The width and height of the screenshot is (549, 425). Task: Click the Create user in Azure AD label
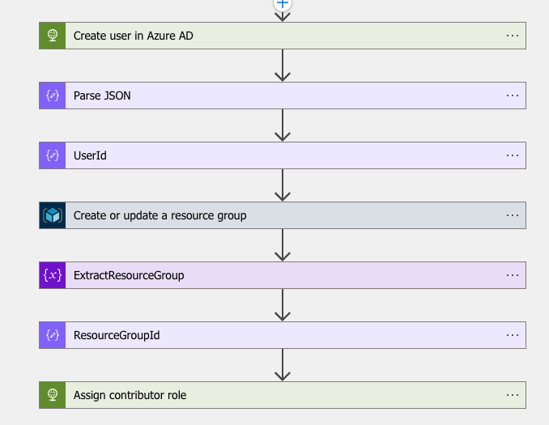pos(133,36)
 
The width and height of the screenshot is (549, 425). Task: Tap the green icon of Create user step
pos(53,36)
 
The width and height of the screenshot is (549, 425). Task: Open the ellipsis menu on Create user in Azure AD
pos(512,36)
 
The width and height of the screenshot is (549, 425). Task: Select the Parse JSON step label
pos(102,96)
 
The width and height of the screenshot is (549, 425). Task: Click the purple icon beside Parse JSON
pos(53,96)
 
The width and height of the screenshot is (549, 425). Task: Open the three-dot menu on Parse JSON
pos(512,96)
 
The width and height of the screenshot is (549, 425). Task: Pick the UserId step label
pos(90,155)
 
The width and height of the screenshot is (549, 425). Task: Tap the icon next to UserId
pos(53,155)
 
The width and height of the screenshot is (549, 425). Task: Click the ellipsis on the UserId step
pos(512,155)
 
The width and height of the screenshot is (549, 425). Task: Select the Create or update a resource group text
pos(160,215)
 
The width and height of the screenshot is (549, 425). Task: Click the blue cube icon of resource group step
pos(53,215)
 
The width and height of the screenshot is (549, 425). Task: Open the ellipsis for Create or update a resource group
pos(512,215)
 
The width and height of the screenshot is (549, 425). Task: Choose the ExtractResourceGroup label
pos(129,275)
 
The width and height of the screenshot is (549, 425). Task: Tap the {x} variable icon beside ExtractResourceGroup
pos(53,275)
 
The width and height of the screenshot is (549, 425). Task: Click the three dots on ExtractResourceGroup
pos(512,275)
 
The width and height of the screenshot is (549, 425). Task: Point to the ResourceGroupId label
pos(117,335)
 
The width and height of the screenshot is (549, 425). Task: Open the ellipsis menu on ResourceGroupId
pos(512,335)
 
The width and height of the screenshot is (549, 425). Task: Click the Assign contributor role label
pos(130,395)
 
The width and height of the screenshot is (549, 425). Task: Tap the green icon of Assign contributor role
pos(53,395)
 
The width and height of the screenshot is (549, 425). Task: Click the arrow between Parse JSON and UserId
pos(283,125)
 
